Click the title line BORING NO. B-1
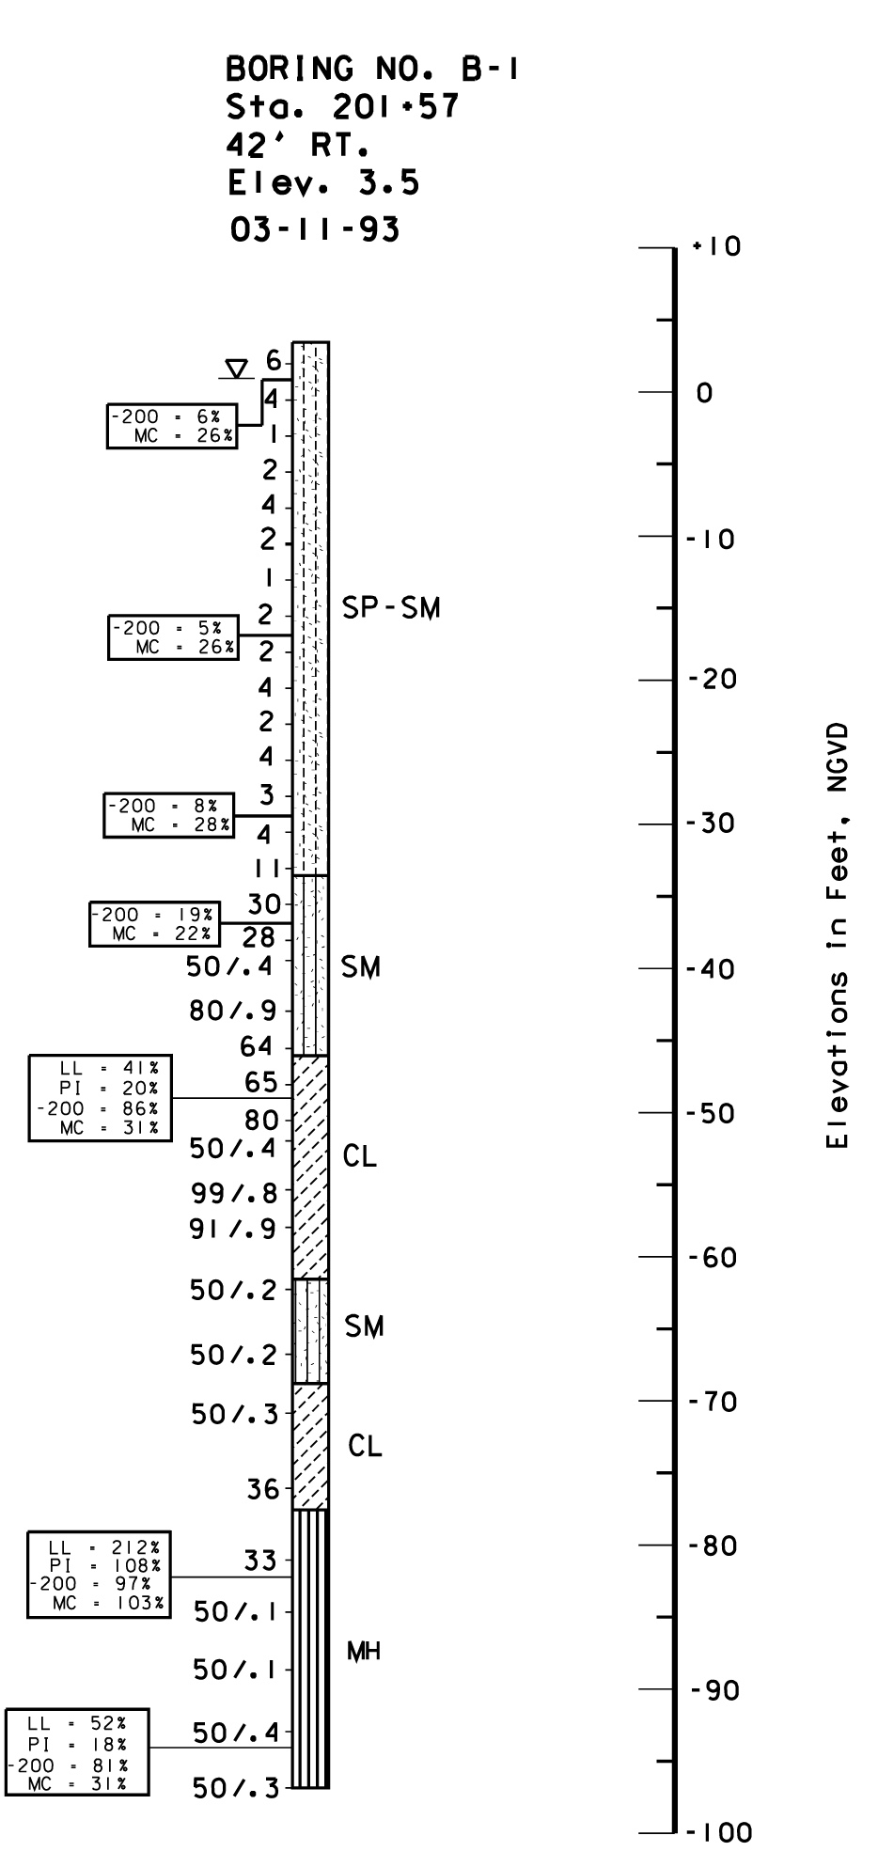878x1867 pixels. point(372,69)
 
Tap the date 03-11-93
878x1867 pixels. point(314,229)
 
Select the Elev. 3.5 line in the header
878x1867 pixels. point(323,183)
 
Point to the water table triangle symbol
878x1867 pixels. point(239,368)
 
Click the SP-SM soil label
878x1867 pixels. point(391,608)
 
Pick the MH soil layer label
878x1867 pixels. point(364,1652)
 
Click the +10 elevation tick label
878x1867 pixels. point(717,247)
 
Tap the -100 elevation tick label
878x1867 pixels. point(719,1832)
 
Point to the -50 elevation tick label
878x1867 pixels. point(712,1114)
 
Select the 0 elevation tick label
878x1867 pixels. point(704,393)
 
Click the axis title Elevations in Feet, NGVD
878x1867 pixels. point(838,935)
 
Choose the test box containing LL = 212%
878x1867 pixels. point(100,1574)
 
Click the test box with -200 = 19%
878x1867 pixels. point(154,923)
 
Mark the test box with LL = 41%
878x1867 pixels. point(101,1098)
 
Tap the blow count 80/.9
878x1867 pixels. point(233,1012)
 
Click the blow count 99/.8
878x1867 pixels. point(234,1193)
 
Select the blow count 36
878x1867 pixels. point(262,1488)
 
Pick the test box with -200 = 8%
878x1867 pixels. point(168,815)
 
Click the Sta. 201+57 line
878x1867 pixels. point(343,107)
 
